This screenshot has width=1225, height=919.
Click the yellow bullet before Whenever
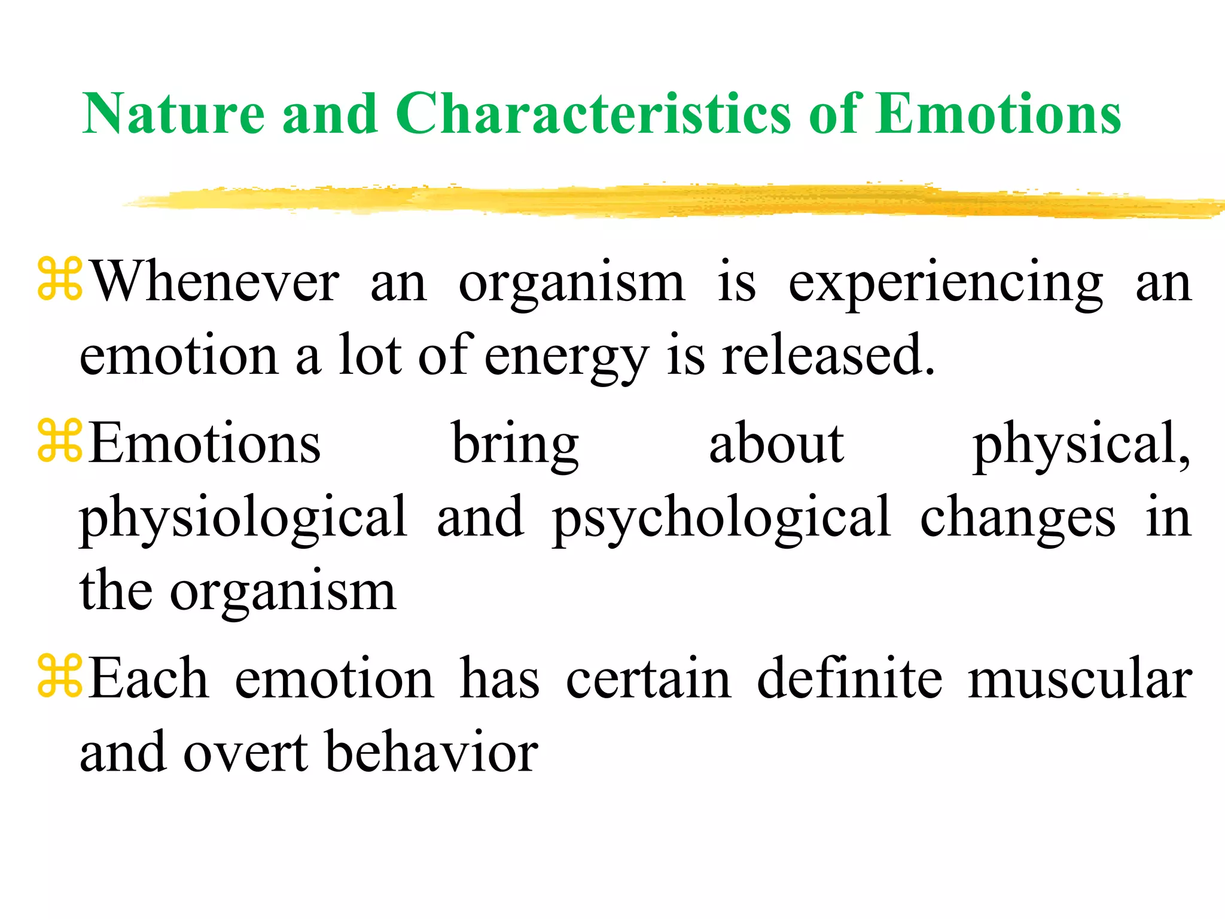click(x=59, y=278)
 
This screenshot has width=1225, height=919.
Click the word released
click(x=828, y=355)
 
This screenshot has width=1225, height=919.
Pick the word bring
click(x=515, y=445)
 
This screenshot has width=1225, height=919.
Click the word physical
click(x=1080, y=445)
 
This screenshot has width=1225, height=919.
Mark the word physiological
click(x=243, y=518)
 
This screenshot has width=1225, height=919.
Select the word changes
click(x=1017, y=518)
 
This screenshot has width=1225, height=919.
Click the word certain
click(x=648, y=679)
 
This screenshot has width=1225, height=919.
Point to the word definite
click(x=850, y=679)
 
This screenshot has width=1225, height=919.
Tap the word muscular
click(x=1080, y=679)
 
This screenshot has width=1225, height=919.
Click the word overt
click(x=246, y=753)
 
